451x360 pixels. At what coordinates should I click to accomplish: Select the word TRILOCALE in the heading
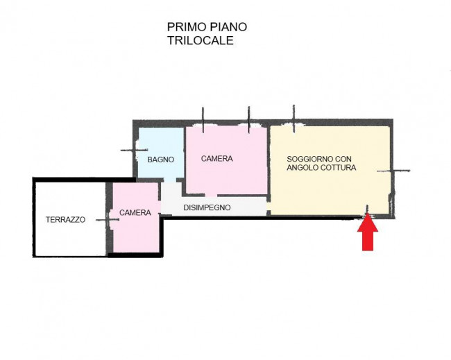(x=200, y=40)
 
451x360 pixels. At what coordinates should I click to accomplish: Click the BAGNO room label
(x=160, y=159)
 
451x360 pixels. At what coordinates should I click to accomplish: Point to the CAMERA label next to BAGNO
(x=216, y=159)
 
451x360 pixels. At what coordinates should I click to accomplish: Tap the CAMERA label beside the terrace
(x=135, y=213)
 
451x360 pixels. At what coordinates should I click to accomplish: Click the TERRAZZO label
(x=65, y=219)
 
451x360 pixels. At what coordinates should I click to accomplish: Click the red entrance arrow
(x=368, y=232)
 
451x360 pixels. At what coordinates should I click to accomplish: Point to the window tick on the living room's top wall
(x=293, y=119)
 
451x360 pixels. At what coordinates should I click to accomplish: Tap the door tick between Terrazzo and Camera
(x=108, y=220)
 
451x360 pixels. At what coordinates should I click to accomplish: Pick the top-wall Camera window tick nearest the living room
(x=248, y=119)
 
